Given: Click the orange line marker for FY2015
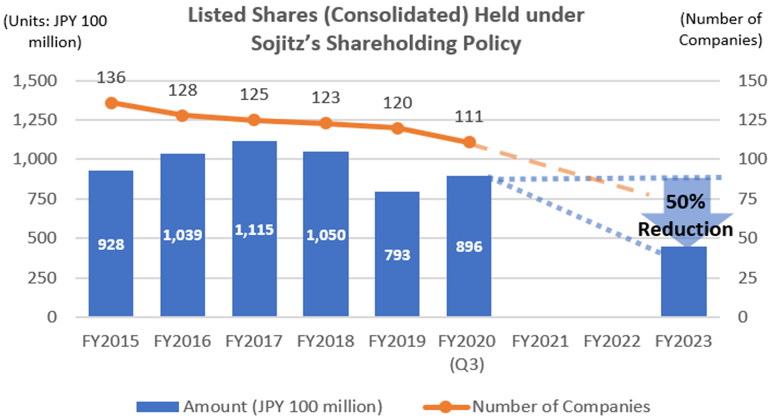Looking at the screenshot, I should point(112,103).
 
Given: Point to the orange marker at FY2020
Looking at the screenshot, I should point(469,142).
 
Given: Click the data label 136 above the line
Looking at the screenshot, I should point(111,77).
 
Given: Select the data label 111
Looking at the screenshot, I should point(469,117).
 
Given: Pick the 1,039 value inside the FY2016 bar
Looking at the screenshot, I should point(183,235).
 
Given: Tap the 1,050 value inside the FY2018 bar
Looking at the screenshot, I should point(326,235).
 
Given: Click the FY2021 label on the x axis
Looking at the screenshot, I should point(540,341).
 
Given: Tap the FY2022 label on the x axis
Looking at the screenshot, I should point(612,341).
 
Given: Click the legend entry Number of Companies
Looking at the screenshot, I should point(560,407).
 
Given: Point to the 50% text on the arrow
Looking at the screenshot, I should point(685,202).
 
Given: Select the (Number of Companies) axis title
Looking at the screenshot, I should point(720,29).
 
